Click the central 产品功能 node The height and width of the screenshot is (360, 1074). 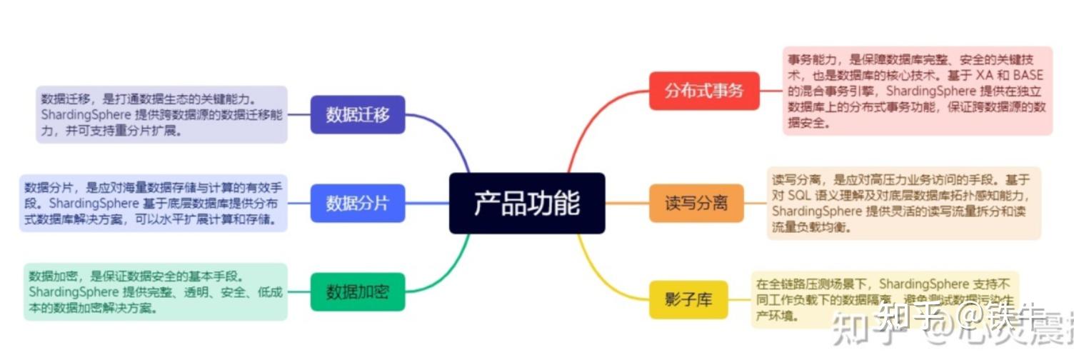[x=527, y=203]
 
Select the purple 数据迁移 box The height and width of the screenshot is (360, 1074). [x=358, y=114]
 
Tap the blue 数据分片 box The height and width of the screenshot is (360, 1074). [x=358, y=203]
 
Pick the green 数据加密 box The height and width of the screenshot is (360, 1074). [x=358, y=291]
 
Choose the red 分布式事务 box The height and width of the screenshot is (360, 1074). [x=704, y=91]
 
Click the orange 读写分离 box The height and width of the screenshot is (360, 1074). [x=696, y=203]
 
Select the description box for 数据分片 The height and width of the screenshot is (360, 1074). [x=153, y=203]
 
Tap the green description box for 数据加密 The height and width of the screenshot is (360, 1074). [x=156, y=291]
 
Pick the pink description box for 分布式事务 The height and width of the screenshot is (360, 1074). [x=918, y=91]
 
